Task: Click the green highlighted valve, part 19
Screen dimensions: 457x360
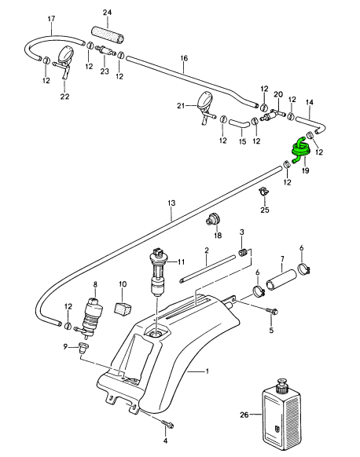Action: [x=301, y=148]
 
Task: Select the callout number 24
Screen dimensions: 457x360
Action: [x=108, y=13]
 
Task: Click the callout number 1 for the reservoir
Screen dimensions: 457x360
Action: [x=207, y=371]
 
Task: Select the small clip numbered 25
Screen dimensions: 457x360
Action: [x=264, y=192]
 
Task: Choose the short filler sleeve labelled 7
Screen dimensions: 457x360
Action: [x=281, y=280]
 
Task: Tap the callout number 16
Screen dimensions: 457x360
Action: [x=184, y=57]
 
